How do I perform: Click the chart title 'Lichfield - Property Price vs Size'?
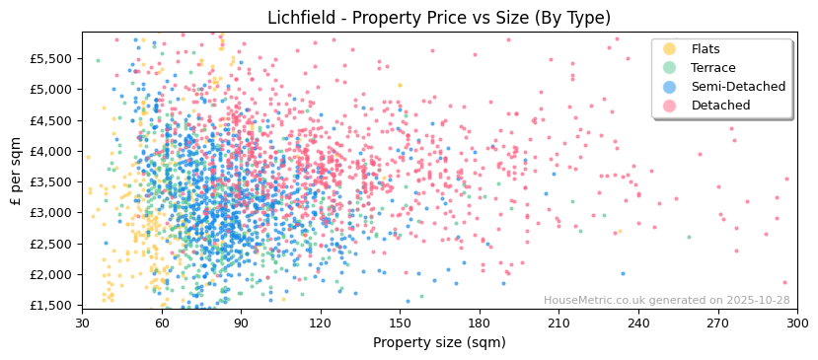pos(439,18)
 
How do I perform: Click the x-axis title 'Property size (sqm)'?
pos(439,342)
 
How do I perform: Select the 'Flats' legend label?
pos(706,49)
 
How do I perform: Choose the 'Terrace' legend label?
pos(713,68)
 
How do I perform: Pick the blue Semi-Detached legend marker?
pos(669,87)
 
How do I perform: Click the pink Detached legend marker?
pos(669,106)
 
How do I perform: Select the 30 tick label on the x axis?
pos(83,324)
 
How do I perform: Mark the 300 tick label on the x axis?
pos(797,324)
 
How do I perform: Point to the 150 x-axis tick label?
pos(400,324)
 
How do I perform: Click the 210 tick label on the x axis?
pos(558,324)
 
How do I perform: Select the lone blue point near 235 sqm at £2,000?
pos(623,274)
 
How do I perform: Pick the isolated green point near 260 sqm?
pos(689,237)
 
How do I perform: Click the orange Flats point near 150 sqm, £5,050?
pos(400,86)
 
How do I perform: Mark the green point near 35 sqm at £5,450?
pos(97,60)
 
